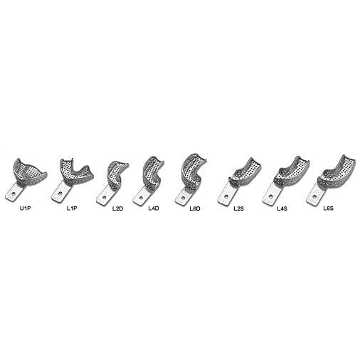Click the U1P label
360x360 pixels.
[26, 208]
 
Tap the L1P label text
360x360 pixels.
[72, 208]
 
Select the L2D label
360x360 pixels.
[118, 208]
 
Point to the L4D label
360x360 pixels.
[154, 208]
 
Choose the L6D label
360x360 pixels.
[195, 208]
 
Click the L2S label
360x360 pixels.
[238, 208]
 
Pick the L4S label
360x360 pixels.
[282, 208]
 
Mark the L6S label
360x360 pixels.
[329, 208]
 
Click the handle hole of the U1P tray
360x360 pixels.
[14, 194]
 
